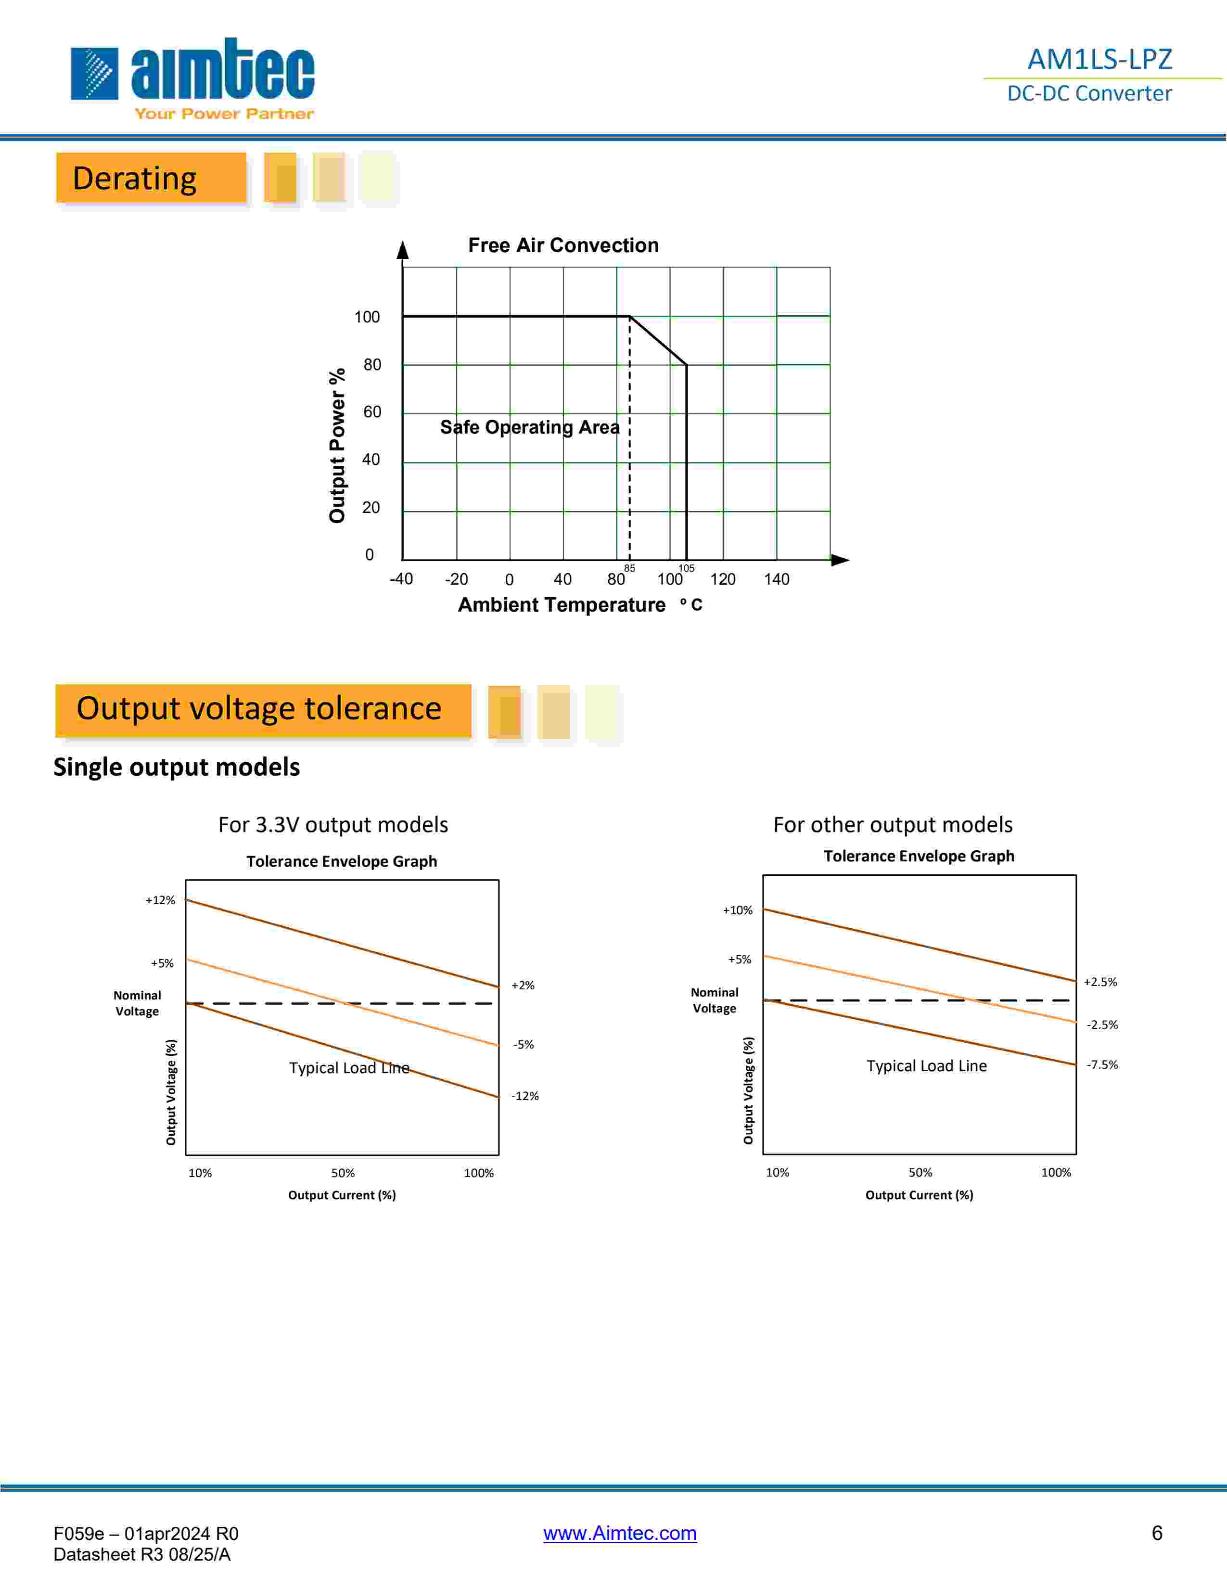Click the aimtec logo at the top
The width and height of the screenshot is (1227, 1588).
[x=192, y=77]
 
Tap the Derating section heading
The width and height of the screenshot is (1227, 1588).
[x=135, y=178]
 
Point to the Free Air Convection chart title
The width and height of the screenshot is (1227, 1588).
[x=563, y=245]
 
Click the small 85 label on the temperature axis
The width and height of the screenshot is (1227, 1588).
[x=629, y=568]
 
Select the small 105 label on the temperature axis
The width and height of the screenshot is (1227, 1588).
[x=686, y=568]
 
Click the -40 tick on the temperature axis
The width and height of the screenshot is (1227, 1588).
[x=401, y=579]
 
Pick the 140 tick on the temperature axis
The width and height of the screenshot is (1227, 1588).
[x=776, y=579]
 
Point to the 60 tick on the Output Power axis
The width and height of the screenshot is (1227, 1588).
[x=371, y=411]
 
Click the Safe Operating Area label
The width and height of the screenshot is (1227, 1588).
[x=530, y=427]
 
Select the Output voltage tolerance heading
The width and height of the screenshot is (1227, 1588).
[x=259, y=708]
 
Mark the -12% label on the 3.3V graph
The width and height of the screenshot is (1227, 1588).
[x=525, y=1096]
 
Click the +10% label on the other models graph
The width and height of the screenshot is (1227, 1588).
[x=738, y=910]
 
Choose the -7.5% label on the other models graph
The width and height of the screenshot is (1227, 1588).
[x=1102, y=1064]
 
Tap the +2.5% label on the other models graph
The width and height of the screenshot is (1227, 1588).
[x=1100, y=982]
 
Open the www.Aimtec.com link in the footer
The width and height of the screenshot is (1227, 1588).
[x=619, y=1533]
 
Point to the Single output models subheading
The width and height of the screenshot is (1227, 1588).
[x=177, y=767]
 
